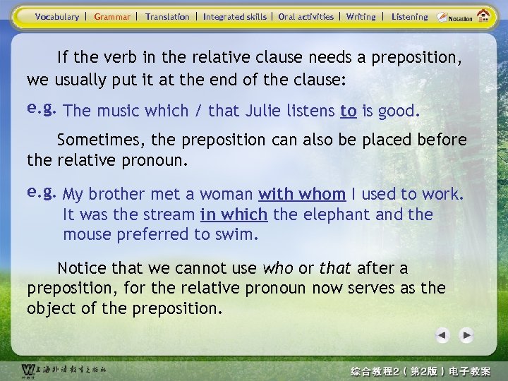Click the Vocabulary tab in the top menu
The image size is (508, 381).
[x=57, y=17]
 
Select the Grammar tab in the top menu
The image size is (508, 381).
[x=112, y=17]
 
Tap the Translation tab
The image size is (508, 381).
[x=167, y=17]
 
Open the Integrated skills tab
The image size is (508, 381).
[x=235, y=17]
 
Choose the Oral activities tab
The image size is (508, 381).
[x=306, y=17]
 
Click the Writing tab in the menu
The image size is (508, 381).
[x=361, y=17]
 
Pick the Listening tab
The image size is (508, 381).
[x=409, y=17]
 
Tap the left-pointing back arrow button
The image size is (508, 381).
[x=442, y=335]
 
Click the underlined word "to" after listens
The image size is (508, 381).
[x=348, y=111]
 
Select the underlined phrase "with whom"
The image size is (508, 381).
[x=302, y=194]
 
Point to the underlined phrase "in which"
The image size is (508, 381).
[x=234, y=214]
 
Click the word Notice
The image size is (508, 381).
[x=81, y=269]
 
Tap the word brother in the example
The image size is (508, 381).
[x=117, y=194]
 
